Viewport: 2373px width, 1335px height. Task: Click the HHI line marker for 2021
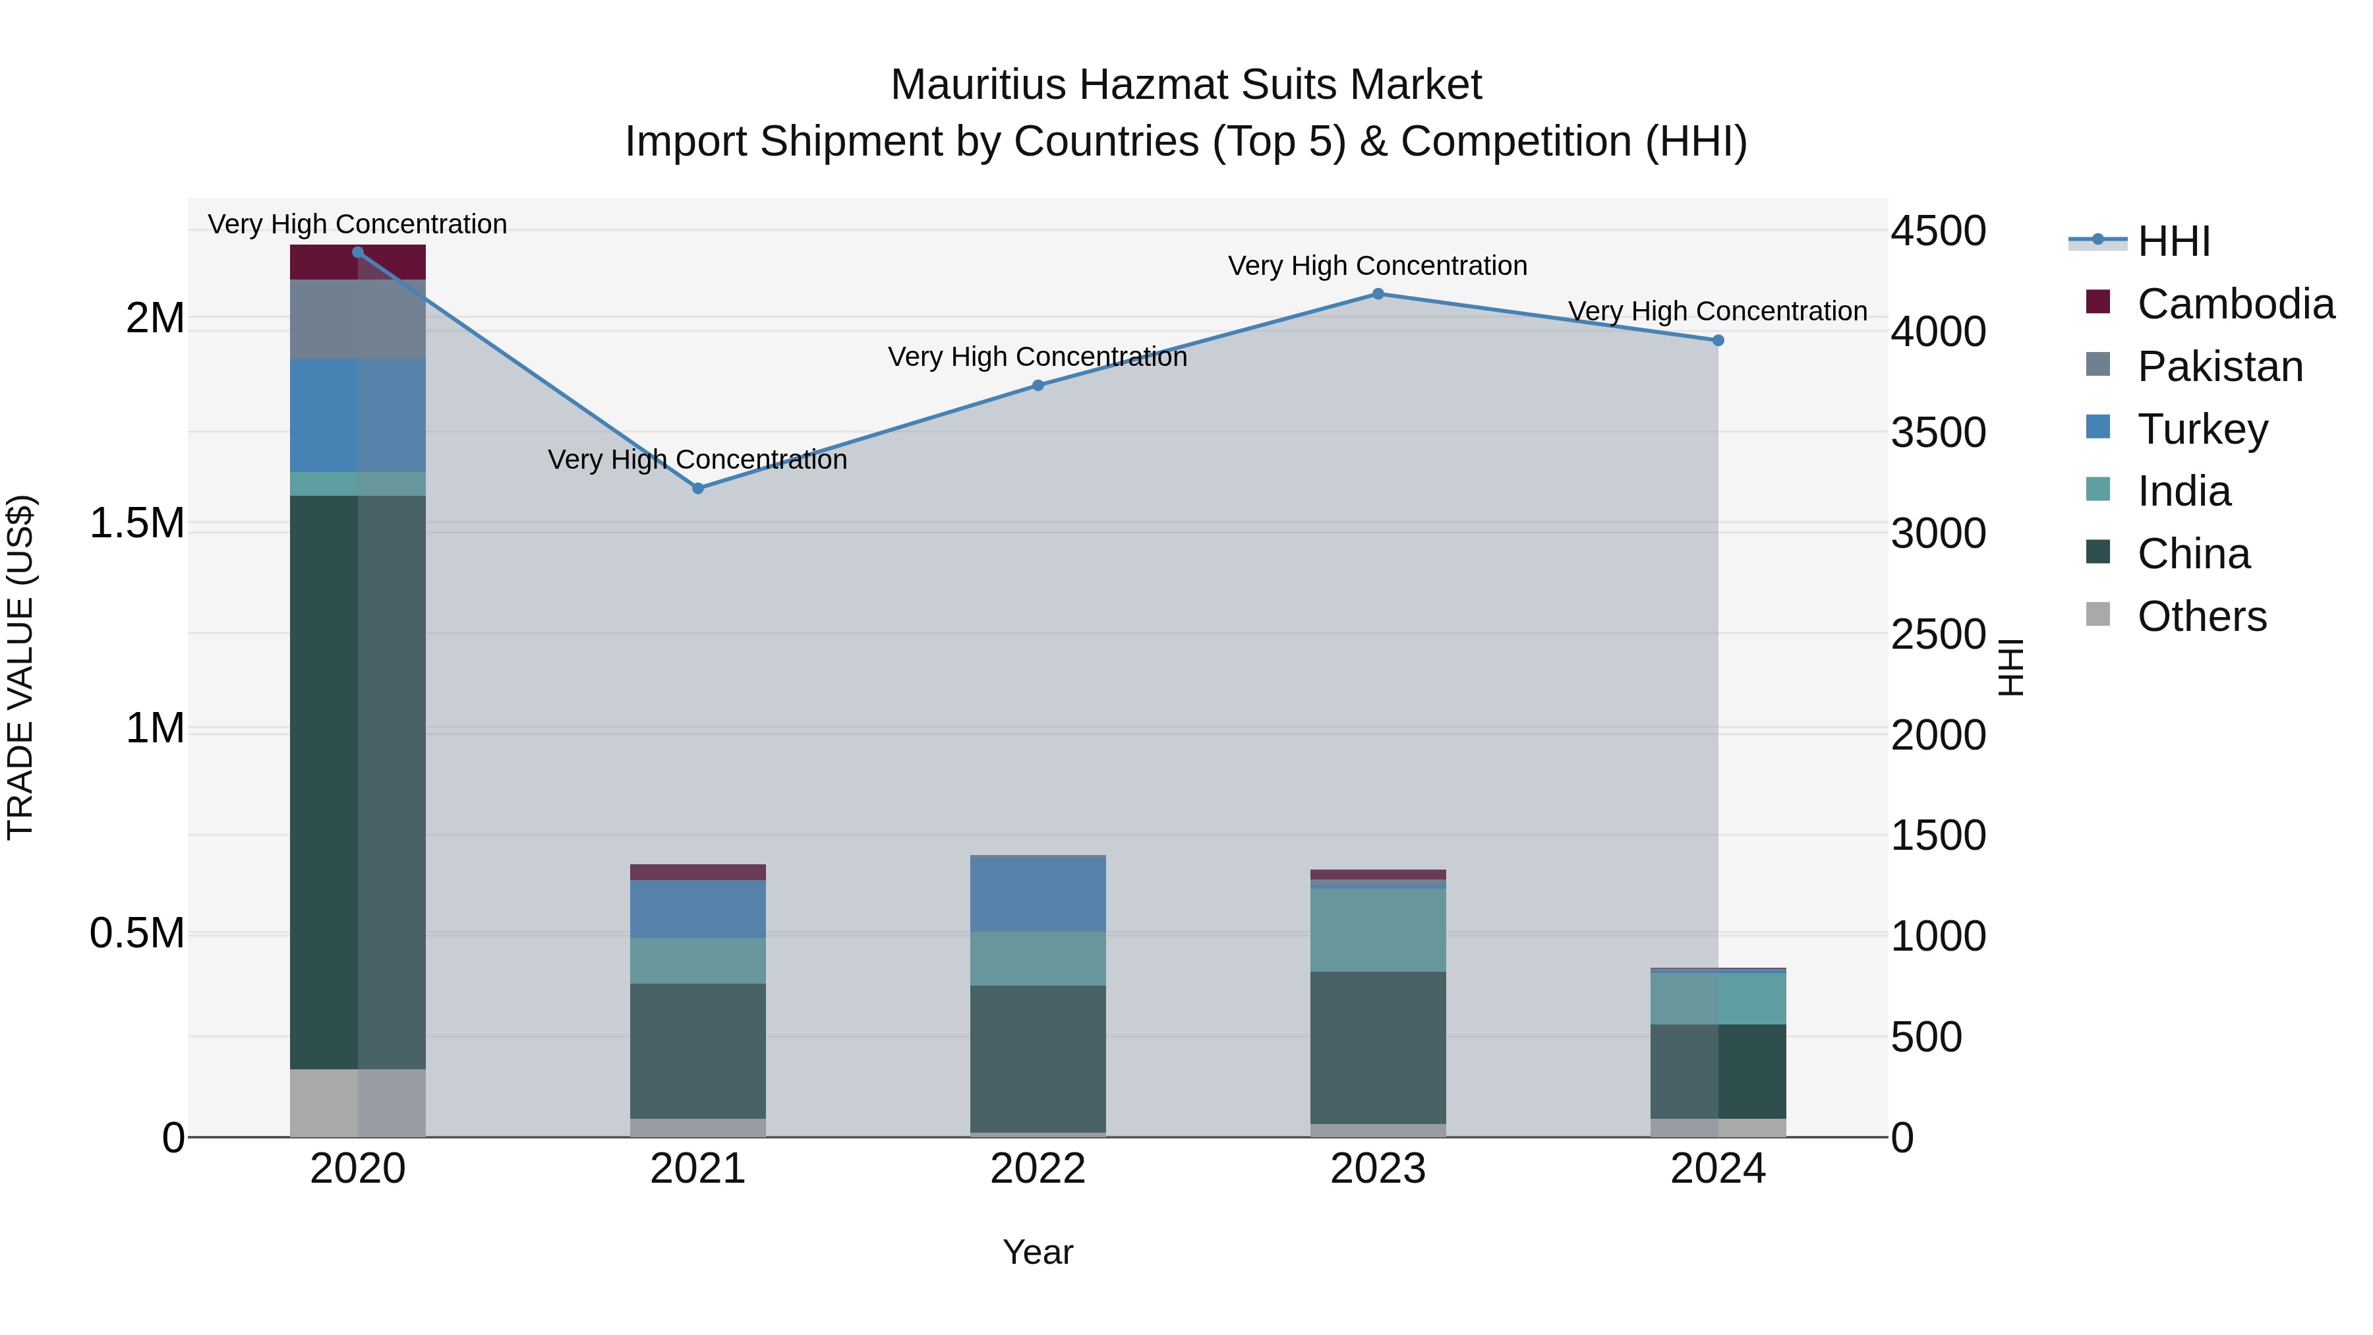click(x=697, y=489)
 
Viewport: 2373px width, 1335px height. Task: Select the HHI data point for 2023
click(x=1378, y=294)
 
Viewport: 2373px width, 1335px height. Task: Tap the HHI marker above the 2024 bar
click(x=1718, y=340)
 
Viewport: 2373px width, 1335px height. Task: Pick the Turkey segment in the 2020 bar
click(x=357, y=415)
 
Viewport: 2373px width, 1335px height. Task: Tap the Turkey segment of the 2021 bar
click(x=697, y=908)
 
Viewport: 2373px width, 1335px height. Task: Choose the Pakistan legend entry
click(x=2219, y=367)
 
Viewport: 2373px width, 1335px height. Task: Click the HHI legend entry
click(x=2173, y=241)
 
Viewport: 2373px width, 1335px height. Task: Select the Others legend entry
click(x=2201, y=616)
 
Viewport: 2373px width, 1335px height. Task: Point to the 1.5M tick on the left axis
click(x=137, y=523)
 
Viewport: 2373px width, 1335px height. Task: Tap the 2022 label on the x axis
click(x=1038, y=1169)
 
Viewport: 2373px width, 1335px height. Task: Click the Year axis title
click(x=1038, y=1252)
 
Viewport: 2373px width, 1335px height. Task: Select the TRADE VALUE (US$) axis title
click(x=20, y=667)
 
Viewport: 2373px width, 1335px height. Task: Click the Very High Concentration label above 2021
click(x=697, y=459)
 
